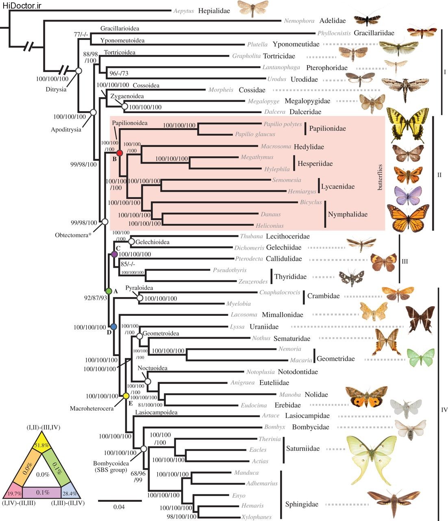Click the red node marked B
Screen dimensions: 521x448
(x=119, y=153)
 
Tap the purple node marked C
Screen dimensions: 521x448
(x=114, y=254)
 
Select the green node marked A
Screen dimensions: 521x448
(x=109, y=291)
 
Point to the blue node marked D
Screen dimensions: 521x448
(x=113, y=327)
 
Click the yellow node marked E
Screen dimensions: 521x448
(x=126, y=396)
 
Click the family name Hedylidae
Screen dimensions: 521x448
(x=309, y=147)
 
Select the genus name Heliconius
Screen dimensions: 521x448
(x=270, y=225)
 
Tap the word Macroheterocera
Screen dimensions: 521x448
(x=91, y=408)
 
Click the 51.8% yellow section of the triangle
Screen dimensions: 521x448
(x=42, y=445)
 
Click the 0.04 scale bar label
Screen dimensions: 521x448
(x=119, y=507)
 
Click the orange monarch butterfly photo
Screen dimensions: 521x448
(x=408, y=218)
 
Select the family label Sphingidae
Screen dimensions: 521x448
(x=302, y=504)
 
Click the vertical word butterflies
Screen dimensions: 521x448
(x=380, y=177)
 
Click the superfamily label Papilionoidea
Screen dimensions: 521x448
(x=130, y=123)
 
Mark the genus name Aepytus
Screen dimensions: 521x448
(x=184, y=11)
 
